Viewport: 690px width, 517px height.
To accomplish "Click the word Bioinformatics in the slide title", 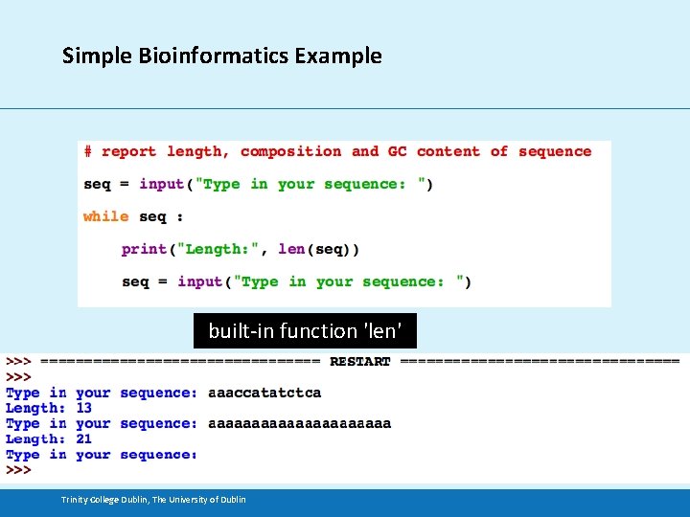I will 196,56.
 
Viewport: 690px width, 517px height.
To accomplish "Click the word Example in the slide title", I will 338,56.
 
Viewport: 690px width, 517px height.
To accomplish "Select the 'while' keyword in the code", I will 105,216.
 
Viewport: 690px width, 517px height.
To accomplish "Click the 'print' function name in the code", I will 144,249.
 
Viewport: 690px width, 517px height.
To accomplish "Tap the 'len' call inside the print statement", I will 291,249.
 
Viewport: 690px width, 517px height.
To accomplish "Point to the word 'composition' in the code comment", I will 290,151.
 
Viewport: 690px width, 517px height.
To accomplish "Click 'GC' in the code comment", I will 397,151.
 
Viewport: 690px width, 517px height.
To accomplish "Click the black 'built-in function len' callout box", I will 305,331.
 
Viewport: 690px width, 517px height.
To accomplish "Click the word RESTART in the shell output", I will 359,362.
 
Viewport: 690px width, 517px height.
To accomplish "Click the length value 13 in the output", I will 83,408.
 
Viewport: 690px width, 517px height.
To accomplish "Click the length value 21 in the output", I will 83,438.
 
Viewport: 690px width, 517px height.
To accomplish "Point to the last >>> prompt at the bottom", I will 18,470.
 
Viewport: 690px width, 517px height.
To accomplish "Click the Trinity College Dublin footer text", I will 153,499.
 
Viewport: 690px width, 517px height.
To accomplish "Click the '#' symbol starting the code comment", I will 88,151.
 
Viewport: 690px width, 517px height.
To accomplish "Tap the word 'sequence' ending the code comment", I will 555,151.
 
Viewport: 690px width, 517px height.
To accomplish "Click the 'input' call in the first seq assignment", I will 162,184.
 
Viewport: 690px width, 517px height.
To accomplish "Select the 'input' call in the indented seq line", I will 200,281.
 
